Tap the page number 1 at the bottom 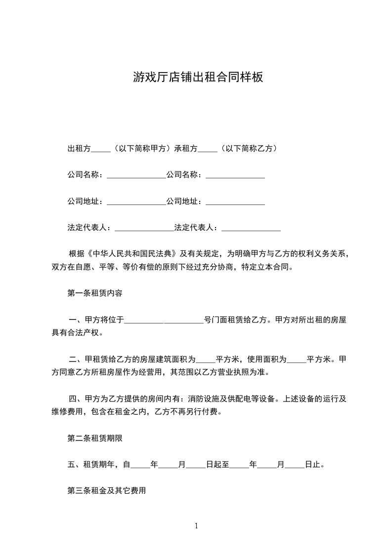[x=196, y=526]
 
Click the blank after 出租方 [x=101, y=148]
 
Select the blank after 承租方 [x=208, y=148]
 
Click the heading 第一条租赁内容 [x=94, y=293]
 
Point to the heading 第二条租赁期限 [x=94, y=437]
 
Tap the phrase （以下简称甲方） [x=142, y=148]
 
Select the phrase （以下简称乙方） [x=249, y=148]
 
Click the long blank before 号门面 [x=164, y=320]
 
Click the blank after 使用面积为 [x=297, y=359]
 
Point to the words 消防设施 [x=204, y=398]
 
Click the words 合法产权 [x=83, y=333]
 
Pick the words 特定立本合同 [x=267, y=268]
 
